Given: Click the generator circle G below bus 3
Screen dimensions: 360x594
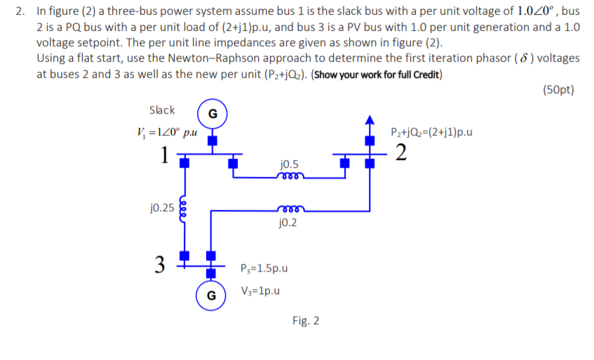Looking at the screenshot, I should (210, 295).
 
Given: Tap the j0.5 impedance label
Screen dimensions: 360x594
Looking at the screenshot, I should (289, 164).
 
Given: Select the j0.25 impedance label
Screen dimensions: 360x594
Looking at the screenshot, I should (162, 208).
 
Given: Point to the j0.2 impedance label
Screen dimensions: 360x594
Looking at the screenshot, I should (288, 223).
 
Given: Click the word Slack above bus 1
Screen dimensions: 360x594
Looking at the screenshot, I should (162, 110).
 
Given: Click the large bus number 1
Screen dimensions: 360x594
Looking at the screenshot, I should (163, 154).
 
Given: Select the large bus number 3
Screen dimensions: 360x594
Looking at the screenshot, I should (160, 265).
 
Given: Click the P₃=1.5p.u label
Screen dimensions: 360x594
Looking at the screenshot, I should (264, 268).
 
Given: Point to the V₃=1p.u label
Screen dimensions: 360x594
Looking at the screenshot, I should (260, 290).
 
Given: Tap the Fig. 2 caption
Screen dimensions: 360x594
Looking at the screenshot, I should (306, 321).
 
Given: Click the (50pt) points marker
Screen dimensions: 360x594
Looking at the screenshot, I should (558, 89).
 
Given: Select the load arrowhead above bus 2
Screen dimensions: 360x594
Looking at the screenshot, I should (366, 116).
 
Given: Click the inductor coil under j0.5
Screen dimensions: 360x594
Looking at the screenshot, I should (289, 177).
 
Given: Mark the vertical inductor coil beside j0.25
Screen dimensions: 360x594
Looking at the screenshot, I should (184, 208).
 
